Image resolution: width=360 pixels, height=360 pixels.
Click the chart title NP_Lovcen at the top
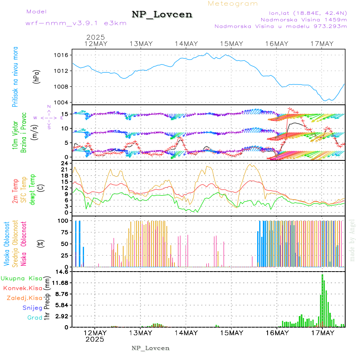pyautogui.click(x=162, y=14)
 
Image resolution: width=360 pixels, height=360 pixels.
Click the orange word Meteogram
pyautogui.click(x=233, y=4)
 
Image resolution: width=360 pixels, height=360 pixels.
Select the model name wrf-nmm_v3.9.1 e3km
pyautogui.click(x=76, y=23)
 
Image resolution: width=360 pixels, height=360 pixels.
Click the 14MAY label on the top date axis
pyautogui.click(x=186, y=44)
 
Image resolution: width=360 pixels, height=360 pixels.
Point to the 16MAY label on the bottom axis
pyautogui.click(x=277, y=332)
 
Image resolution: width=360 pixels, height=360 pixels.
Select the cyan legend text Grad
pyautogui.click(x=35, y=318)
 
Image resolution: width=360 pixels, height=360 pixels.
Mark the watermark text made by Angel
pyautogui.click(x=352, y=240)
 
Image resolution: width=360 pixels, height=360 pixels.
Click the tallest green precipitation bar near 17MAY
pyautogui.click(x=322, y=300)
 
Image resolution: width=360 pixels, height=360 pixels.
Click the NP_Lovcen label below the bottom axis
pyautogui.click(x=150, y=348)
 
